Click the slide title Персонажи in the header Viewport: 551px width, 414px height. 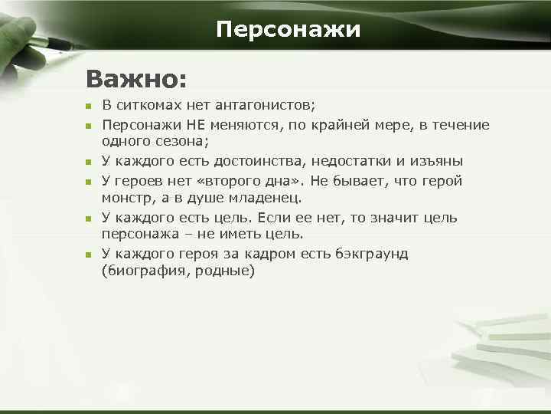pos(288,30)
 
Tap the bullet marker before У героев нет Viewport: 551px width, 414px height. pos(88,182)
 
